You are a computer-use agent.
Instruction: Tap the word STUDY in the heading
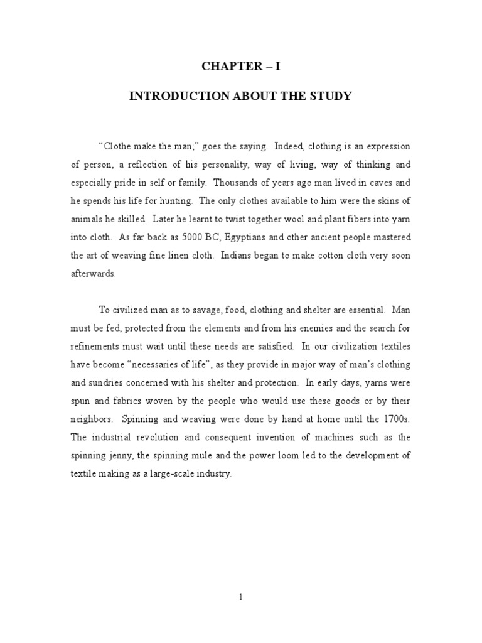coord(330,97)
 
